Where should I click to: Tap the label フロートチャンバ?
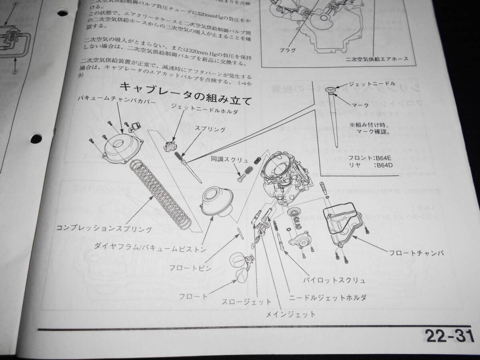click(x=416, y=253)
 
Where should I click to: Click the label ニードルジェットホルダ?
click(x=328, y=298)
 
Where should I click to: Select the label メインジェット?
click(x=291, y=314)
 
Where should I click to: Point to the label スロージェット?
click(x=247, y=302)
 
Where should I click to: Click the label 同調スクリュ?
click(x=230, y=159)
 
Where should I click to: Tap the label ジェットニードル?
click(x=372, y=84)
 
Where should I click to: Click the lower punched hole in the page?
click(x=36, y=138)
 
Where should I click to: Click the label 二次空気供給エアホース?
click(x=378, y=59)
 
